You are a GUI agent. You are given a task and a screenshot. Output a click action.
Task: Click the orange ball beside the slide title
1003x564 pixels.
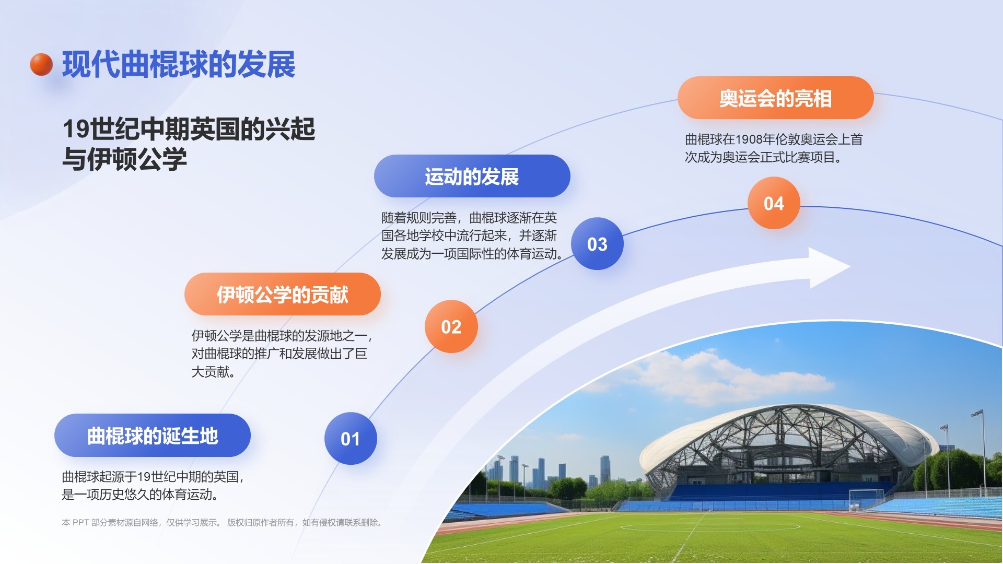[41, 64]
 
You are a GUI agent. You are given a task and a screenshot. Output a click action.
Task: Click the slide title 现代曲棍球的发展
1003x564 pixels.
[179, 65]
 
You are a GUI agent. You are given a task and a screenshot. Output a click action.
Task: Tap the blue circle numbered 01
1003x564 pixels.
[351, 439]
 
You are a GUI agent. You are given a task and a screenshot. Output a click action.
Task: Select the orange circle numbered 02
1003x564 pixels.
[451, 326]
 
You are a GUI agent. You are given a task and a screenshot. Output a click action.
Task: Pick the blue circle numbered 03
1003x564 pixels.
[597, 244]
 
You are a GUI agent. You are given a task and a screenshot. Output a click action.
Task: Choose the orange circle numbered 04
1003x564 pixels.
[774, 203]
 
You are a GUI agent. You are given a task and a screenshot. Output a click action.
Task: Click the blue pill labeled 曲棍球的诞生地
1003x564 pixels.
[153, 436]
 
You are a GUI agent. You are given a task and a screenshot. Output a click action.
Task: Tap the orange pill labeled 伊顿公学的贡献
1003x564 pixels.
[283, 294]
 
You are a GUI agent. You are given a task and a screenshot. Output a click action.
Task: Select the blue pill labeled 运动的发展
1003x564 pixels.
[472, 176]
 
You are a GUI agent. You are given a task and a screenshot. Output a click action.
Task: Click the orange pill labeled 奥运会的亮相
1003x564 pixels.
[776, 98]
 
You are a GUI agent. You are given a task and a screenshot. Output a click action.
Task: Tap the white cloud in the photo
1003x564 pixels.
[731, 379]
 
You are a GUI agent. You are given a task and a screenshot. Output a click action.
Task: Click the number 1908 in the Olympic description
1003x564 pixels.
[749, 139]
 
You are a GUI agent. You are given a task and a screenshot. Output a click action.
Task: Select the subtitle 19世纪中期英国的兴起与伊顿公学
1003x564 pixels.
[189, 144]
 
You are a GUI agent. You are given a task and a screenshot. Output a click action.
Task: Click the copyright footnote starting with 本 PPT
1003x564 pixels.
[223, 522]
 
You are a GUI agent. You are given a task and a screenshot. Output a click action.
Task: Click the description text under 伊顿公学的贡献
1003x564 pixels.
[282, 354]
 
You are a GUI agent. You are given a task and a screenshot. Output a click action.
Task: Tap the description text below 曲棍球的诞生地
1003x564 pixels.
[153, 485]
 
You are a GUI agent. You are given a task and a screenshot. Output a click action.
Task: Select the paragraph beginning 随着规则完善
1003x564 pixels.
[472, 236]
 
